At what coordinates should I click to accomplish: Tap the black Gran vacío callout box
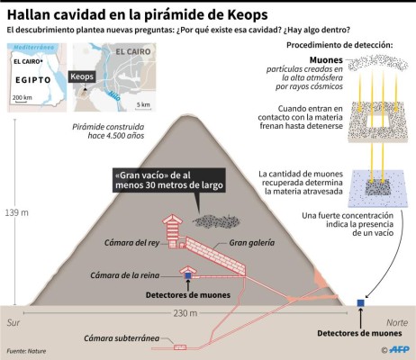pos(168,179)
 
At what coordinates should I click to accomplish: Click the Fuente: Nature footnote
pos(27,351)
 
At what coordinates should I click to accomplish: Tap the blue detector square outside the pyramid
pos(360,302)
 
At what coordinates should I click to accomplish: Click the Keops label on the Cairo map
pos(84,77)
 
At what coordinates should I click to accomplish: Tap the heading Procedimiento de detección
pos(339,44)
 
